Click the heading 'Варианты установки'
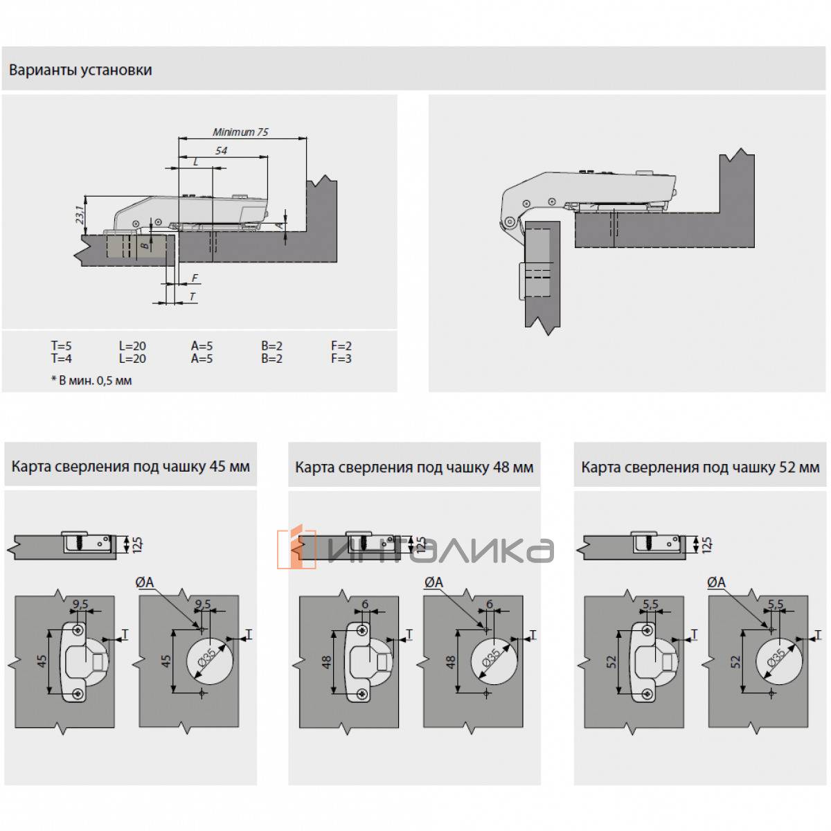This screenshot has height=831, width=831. (x=80, y=70)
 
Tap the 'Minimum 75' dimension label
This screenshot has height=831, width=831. (x=240, y=132)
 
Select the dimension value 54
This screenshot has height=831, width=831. (x=221, y=150)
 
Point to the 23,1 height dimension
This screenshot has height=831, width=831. (x=80, y=215)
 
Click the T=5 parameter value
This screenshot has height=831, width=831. (x=61, y=346)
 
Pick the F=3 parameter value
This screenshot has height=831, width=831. (x=341, y=358)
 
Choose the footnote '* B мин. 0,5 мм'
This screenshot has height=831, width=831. (x=91, y=380)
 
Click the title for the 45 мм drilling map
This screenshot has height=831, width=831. (x=131, y=467)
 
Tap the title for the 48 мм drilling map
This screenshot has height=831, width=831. (x=414, y=467)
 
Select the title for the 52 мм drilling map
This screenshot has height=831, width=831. (x=700, y=467)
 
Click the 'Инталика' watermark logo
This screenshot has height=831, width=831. (x=415, y=548)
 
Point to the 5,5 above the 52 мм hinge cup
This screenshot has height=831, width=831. (x=650, y=604)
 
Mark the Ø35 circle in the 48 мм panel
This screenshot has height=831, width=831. (x=493, y=661)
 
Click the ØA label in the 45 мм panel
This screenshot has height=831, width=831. (x=145, y=582)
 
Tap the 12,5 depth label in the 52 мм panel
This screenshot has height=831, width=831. (x=707, y=545)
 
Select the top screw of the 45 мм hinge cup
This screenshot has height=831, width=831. (x=78, y=630)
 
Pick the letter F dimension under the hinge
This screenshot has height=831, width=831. (x=195, y=278)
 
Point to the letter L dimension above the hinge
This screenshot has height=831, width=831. (x=196, y=162)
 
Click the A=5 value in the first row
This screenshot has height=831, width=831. (x=202, y=346)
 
